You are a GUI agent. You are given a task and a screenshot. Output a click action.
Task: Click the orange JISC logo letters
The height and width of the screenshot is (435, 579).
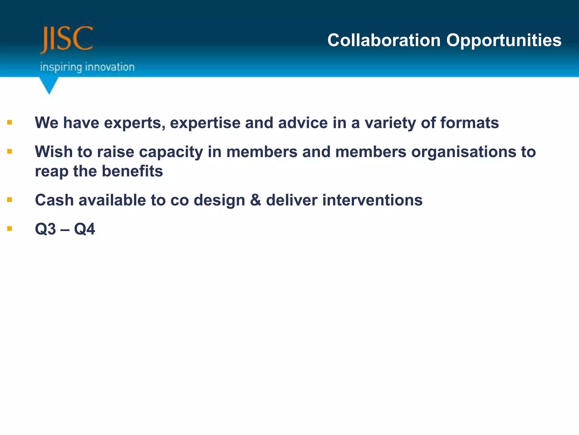pyautogui.click(x=67, y=39)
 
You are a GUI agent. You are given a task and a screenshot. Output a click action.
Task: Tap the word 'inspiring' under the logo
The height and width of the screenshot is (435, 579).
pyautogui.click(x=61, y=67)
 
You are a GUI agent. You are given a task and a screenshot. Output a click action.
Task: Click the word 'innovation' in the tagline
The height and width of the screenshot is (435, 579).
pyautogui.click(x=110, y=67)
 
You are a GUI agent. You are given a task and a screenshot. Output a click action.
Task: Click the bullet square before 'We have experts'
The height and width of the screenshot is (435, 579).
pyautogui.click(x=10, y=123)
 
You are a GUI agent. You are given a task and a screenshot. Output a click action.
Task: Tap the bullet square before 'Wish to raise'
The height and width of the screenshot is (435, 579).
pyautogui.click(x=10, y=152)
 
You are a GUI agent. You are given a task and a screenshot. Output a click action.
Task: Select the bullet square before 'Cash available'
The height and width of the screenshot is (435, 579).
pyautogui.click(x=10, y=200)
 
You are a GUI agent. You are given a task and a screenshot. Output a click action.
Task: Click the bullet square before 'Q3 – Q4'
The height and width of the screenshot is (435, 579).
pyautogui.click(x=10, y=229)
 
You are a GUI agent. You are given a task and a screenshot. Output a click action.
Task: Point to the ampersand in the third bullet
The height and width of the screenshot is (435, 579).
pyautogui.click(x=255, y=200)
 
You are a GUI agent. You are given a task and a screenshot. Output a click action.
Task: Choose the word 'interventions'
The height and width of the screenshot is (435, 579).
pyautogui.click(x=372, y=200)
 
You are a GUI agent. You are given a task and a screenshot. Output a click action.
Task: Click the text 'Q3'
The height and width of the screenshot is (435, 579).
pyautogui.click(x=46, y=229)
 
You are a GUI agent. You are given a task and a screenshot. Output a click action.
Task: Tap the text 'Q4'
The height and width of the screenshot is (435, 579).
pyautogui.click(x=85, y=229)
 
